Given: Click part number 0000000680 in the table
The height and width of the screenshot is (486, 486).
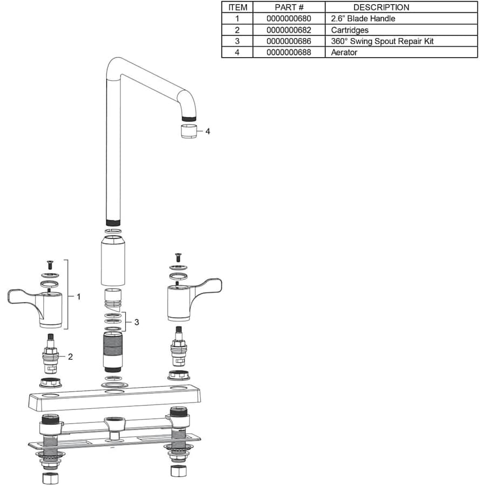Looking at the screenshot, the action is tap(288, 18).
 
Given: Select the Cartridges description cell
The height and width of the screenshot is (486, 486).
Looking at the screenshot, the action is tap(349, 30).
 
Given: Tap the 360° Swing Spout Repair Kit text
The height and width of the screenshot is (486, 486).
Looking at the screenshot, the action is tap(382, 41).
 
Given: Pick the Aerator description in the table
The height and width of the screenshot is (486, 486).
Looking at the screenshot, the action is tap(344, 52).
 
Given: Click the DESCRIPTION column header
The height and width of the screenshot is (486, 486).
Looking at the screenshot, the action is tap(381, 8).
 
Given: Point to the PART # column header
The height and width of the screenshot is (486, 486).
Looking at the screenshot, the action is tap(289, 8).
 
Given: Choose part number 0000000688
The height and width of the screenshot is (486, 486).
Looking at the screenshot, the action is tap(288, 52).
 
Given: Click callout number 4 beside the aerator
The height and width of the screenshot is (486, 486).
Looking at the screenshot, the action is tap(208, 131).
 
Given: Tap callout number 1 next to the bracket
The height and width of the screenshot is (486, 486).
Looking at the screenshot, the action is tap(78, 297).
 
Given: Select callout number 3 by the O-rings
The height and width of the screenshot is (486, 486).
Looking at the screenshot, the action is tap(137, 322).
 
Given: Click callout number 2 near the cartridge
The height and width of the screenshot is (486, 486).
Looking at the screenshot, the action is tap(70, 357).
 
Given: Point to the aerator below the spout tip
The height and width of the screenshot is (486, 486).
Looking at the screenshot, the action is tap(189, 131).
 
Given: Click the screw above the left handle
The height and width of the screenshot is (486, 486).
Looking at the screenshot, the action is tap(50, 265).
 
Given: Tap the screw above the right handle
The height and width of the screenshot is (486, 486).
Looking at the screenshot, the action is tap(178, 257).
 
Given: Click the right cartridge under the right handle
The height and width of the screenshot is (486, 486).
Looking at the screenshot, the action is tap(179, 347).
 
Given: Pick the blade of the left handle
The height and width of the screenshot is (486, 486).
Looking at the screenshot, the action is tap(22, 297).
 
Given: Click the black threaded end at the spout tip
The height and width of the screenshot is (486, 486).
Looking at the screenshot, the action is tap(189, 119).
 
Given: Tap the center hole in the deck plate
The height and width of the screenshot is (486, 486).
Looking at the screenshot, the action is tap(114, 393).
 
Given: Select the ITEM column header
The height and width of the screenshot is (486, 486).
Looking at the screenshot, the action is tap(238, 8).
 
